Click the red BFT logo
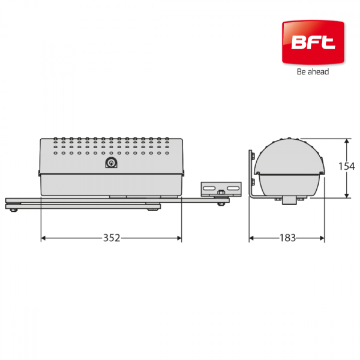point(313,42)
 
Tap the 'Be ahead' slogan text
point(313,72)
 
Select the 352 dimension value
point(112,238)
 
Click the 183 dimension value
point(288,238)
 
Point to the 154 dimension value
point(347,166)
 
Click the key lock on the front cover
point(111,163)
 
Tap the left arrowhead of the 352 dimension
point(43,238)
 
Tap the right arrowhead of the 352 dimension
point(179,238)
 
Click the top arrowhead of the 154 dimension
point(347,141)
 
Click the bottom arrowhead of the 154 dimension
point(347,195)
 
